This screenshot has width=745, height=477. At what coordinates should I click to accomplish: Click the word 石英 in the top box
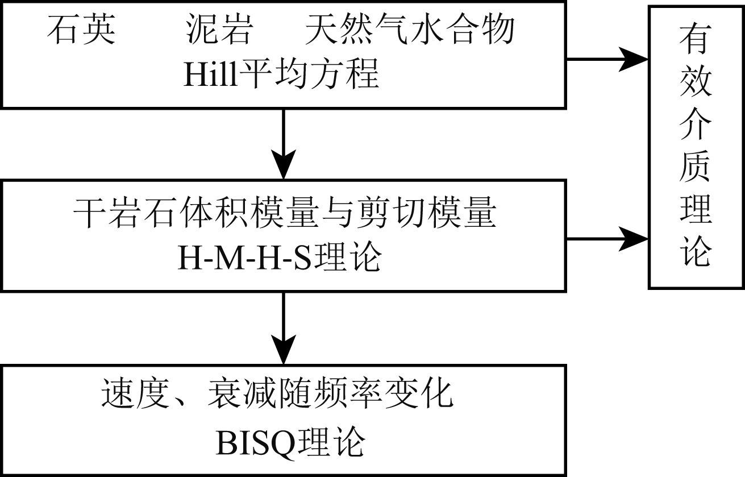pyautogui.click(x=81, y=30)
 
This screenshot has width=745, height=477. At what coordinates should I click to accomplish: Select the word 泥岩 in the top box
pyautogui.click(x=219, y=30)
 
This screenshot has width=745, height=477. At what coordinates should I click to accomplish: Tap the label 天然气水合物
pyautogui.click(x=409, y=30)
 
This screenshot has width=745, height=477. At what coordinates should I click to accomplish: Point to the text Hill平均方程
pyautogui.click(x=281, y=74)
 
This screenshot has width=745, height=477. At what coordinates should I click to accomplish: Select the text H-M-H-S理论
pyautogui.click(x=278, y=259)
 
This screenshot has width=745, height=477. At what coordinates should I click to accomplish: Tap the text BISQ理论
pyautogui.click(x=290, y=442)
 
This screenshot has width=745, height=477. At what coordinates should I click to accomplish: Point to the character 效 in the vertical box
pyautogui.click(x=695, y=84)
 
